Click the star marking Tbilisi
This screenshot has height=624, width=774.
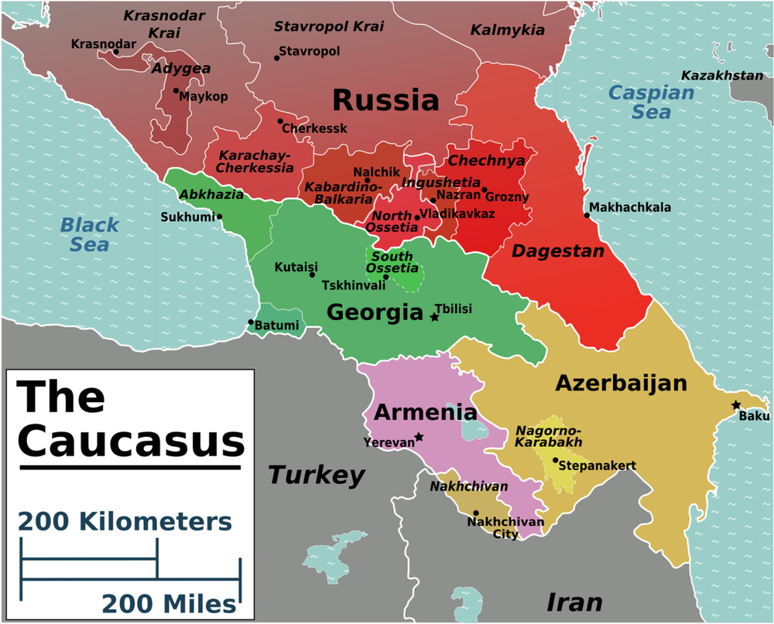click(434, 317)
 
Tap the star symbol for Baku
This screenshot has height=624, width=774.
click(736, 405)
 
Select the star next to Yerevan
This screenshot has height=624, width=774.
click(419, 437)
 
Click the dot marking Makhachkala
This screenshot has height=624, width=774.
click(587, 216)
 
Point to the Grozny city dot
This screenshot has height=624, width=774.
click(484, 189)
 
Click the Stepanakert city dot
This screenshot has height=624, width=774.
click(555, 460)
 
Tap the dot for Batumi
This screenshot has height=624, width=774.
click(251, 322)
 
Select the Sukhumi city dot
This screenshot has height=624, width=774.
click(220, 217)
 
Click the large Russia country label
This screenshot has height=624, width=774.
click(385, 100)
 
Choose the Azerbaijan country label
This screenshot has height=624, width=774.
click(621, 383)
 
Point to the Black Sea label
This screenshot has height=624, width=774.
click(90, 234)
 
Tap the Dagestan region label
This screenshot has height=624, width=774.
click(557, 251)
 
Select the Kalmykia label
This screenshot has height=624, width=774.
click(508, 31)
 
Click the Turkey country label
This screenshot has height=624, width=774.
click(316, 475)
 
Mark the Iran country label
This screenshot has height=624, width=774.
click(574, 602)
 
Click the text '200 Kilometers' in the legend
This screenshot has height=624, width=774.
click(125, 521)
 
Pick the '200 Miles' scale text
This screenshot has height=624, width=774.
click(168, 603)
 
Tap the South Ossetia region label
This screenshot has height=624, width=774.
click(392, 262)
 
